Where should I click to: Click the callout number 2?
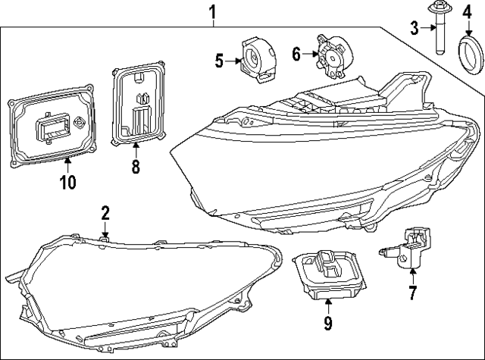[x=105, y=213]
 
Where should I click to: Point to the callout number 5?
[x=219, y=60]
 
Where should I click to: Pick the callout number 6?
[x=296, y=53]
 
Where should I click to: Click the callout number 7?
[x=412, y=293]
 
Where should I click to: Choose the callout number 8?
[x=136, y=167]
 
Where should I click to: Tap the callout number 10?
[x=67, y=182]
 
